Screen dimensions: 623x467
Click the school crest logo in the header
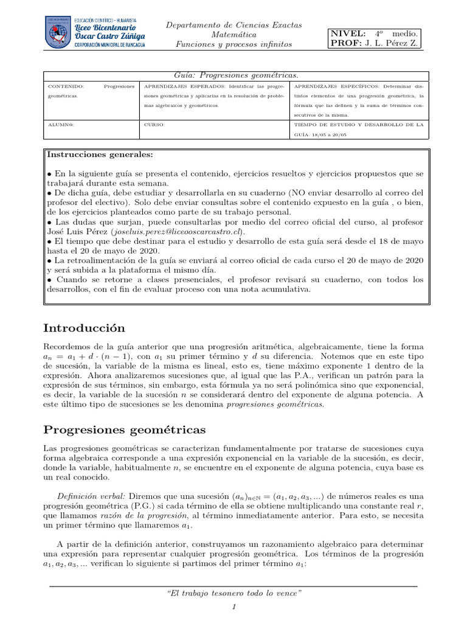pyautogui.click(x=58, y=33)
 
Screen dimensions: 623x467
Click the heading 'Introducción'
pyautogui.click(x=84, y=328)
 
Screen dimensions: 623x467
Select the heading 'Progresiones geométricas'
pyautogui.click(x=125, y=430)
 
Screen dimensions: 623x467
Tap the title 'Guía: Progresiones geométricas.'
pyautogui.click(x=235, y=75)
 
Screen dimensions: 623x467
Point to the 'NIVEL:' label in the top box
pyautogui.click(x=348, y=33)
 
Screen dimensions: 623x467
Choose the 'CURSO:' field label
pyautogui.click(x=154, y=125)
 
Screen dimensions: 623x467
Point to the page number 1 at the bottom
pyautogui.click(x=233, y=607)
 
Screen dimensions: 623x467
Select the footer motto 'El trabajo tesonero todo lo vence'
pyautogui.click(x=233, y=593)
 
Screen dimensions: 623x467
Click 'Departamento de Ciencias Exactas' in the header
pyautogui.click(x=234, y=24)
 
